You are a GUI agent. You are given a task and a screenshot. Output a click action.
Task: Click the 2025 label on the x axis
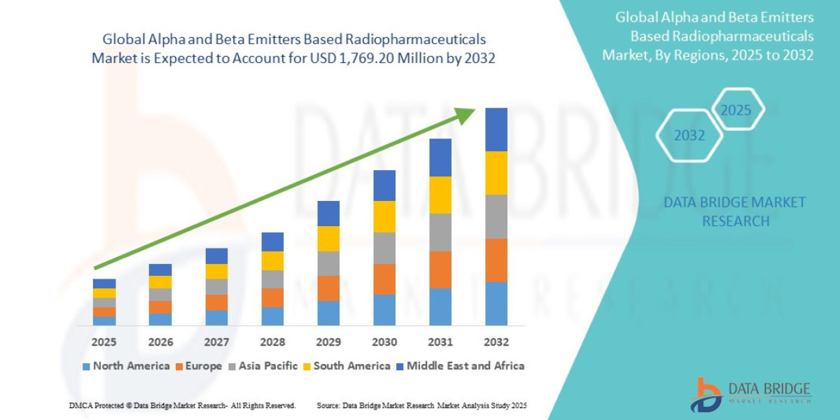click(x=104, y=342)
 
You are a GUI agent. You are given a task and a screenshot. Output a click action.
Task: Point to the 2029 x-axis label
click(x=328, y=342)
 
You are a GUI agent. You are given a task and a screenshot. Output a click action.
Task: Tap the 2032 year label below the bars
click(x=496, y=342)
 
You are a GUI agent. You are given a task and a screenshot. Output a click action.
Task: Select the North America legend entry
click(x=126, y=365)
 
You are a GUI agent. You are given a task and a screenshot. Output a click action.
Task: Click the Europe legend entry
click(x=198, y=365)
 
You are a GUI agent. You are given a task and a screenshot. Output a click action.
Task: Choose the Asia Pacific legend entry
click(x=262, y=365)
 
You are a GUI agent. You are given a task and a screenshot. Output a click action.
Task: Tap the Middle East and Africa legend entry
click(x=460, y=365)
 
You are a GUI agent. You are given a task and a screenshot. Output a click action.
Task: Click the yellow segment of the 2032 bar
click(x=496, y=173)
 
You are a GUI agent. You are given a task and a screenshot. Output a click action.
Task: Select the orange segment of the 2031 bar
click(x=440, y=269)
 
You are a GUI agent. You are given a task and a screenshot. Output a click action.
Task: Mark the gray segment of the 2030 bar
click(x=384, y=248)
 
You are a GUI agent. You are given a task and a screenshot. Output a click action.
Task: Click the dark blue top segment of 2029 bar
click(x=328, y=213)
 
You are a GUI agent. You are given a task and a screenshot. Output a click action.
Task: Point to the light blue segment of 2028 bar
click(x=272, y=316)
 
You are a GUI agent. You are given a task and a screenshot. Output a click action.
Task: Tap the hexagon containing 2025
click(x=736, y=110)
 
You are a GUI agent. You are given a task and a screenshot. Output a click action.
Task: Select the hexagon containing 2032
click(x=689, y=136)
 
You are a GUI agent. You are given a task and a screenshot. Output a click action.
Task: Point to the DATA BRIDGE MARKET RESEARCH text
click(x=734, y=211)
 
